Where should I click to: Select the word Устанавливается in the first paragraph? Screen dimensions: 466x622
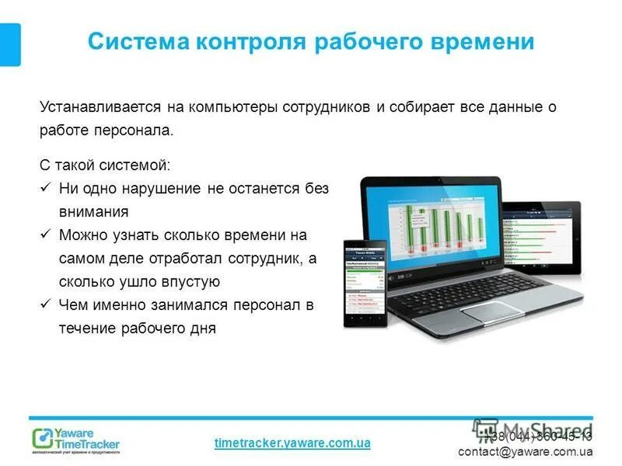pyautogui.click(x=89, y=107)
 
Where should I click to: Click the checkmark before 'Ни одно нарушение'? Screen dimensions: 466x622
pyautogui.click(x=45, y=188)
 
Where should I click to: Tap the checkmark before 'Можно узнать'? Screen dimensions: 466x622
pyautogui.click(x=45, y=235)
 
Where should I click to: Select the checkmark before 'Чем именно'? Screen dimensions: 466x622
pyautogui.click(x=45, y=304)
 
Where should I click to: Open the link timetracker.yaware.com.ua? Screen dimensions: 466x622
pyautogui.click(x=292, y=443)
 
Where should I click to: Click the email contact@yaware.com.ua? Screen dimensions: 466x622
pyautogui.click(x=525, y=451)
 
